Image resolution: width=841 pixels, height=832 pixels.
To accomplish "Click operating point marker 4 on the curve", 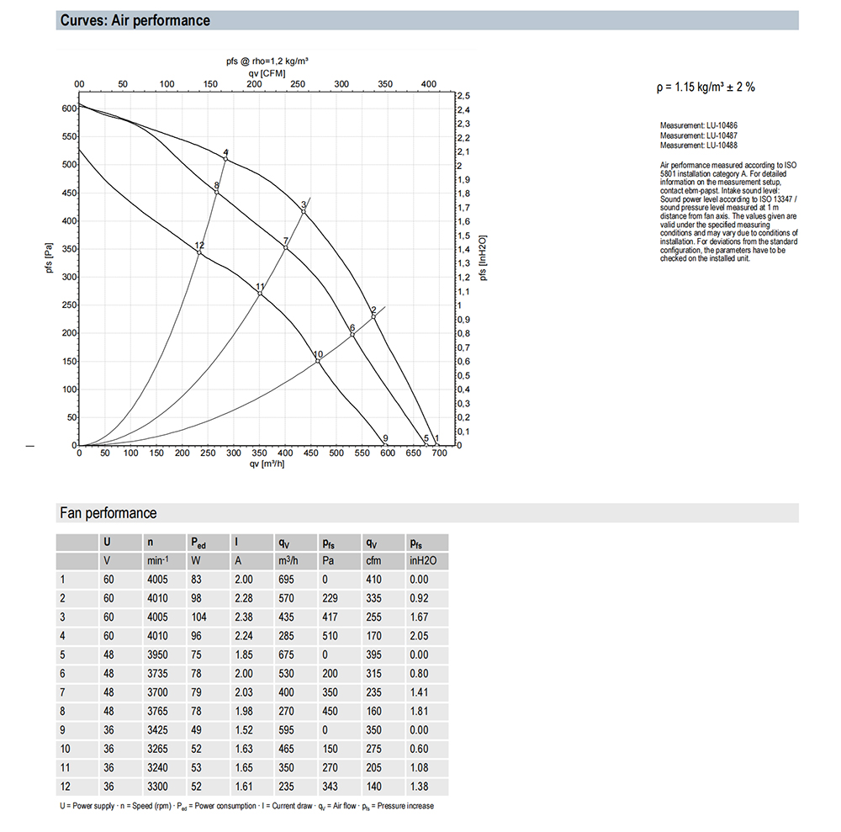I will point(225,159).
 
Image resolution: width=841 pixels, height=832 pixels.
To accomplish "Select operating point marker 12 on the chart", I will point(198,252).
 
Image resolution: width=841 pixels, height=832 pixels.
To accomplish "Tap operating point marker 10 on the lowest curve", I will point(318,361).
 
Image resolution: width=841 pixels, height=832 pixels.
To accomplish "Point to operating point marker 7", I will point(286,247).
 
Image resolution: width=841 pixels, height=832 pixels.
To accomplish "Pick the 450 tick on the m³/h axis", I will point(310,453).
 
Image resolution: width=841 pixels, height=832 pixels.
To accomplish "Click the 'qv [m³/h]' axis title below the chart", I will point(267,464).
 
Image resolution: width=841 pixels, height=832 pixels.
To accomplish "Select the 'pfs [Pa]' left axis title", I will point(50,262).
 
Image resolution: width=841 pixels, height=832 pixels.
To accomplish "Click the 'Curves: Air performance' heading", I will point(135,20).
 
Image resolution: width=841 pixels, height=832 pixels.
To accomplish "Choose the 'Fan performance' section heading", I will point(108,513).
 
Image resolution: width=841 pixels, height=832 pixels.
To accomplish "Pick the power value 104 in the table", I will point(199,617).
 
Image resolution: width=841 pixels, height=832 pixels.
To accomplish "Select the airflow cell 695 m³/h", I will point(287,580).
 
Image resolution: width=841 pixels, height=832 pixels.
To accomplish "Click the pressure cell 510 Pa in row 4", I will point(331,635).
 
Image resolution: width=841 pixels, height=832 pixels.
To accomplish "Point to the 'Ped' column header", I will point(198,543).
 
